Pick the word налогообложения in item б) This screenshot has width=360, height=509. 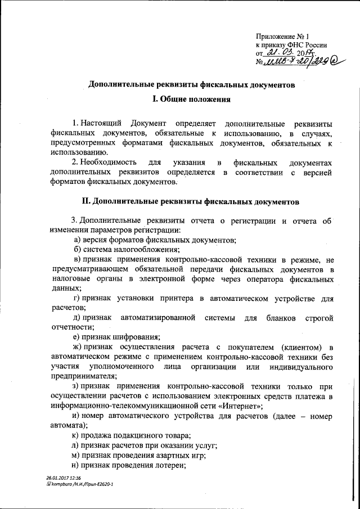coord(146,250)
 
